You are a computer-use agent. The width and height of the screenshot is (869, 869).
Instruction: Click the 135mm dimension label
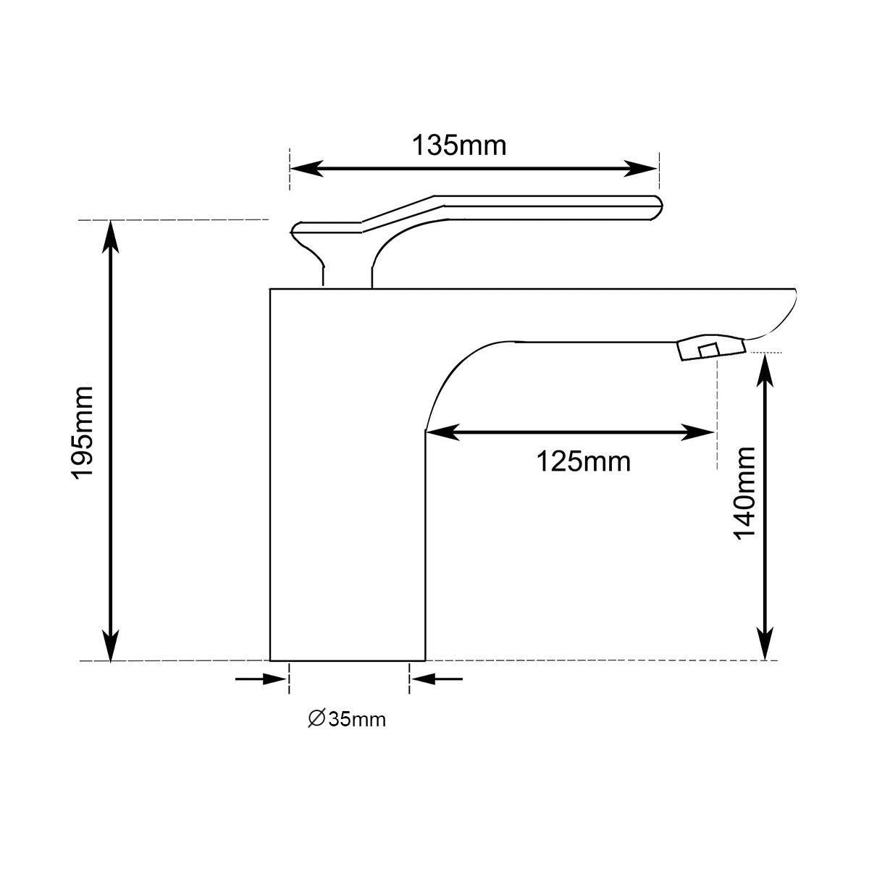pos(459,146)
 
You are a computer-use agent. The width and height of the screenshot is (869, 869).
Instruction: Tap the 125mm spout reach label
pos(583,461)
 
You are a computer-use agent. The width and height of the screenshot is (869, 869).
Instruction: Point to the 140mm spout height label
pos(744,493)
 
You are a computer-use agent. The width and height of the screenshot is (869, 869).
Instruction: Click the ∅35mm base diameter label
pos(347,719)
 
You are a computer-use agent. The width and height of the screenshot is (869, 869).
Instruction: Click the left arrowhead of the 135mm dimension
pos(303,169)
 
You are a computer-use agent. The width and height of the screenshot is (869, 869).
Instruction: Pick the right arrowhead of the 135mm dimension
pos(645,169)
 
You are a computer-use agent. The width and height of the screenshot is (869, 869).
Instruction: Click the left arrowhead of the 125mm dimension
pos(439,432)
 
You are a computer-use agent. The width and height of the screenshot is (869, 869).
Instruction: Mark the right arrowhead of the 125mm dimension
pos(702,432)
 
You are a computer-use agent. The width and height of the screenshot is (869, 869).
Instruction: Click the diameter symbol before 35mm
pos(316,718)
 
